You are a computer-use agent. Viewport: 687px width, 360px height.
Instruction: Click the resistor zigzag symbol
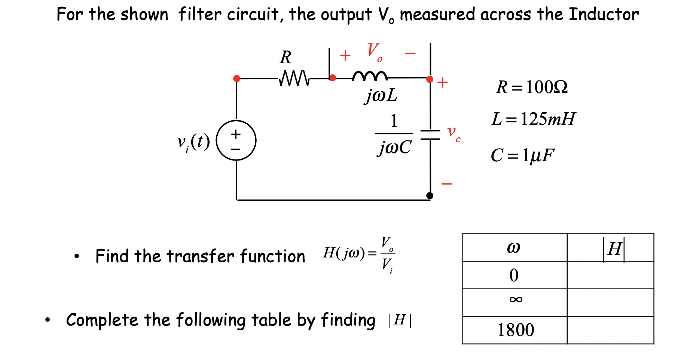(x=294, y=78)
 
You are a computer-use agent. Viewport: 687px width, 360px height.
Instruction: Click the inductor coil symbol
(x=370, y=76)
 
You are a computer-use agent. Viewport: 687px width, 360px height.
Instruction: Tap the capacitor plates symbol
(x=430, y=135)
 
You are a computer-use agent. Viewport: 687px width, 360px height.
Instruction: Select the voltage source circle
(x=236, y=140)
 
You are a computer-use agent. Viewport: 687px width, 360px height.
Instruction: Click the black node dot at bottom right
(x=430, y=195)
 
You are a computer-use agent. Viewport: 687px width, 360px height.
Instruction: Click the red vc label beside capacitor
(x=454, y=134)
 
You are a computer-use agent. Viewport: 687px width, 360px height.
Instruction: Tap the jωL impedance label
(x=381, y=95)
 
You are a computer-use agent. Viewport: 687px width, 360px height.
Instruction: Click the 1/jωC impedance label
(x=394, y=135)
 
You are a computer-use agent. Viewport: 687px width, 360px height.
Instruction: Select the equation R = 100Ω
(x=532, y=87)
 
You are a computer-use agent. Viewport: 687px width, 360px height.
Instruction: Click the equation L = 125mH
(x=533, y=119)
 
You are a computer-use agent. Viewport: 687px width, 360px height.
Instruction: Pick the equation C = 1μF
(x=522, y=155)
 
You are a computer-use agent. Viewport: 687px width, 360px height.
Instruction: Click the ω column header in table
(x=514, y=248)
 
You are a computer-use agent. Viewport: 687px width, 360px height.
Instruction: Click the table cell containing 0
(x=514, y=275)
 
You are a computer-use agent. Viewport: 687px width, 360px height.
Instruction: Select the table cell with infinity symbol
(x=515, y=299)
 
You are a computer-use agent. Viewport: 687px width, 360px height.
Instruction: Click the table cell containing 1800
(x=515, y=330)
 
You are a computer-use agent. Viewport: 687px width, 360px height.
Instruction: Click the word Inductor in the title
(x=604, y=15)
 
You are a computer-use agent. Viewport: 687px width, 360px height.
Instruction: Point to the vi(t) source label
(x=193, y=142)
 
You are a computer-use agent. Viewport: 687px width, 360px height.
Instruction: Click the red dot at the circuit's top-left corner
(x=236, y=78)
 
